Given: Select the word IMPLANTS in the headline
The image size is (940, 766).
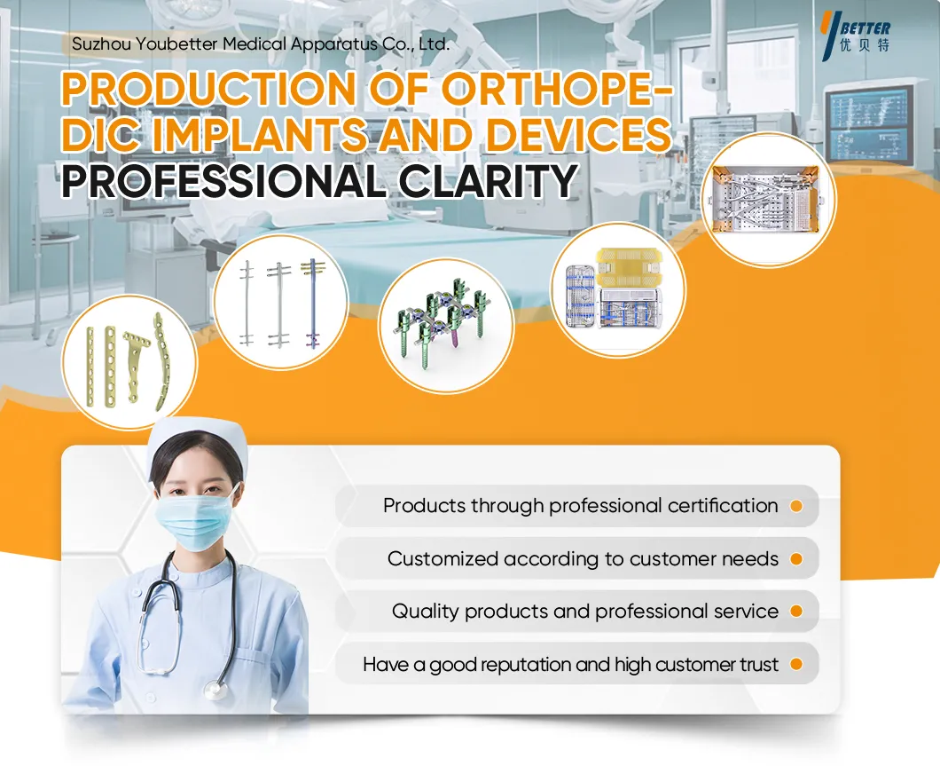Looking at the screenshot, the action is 259,134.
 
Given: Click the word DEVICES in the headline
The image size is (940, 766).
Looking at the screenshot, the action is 578,134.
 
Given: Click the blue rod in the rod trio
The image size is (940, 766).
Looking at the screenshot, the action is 314,304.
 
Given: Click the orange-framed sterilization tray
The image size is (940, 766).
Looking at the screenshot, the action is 768,200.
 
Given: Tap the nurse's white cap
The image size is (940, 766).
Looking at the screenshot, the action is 197,443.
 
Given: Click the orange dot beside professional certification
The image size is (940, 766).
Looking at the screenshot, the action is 796,506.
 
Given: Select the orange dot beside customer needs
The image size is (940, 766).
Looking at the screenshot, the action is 796,559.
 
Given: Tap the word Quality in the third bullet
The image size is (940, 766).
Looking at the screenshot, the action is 427,612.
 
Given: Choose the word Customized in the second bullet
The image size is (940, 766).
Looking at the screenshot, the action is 443,559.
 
